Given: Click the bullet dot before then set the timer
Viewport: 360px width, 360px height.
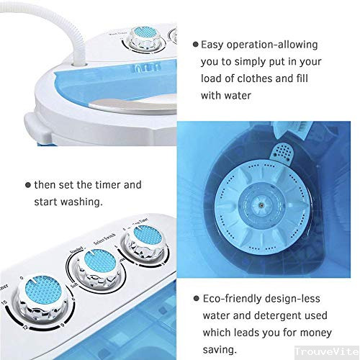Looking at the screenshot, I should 26,184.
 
